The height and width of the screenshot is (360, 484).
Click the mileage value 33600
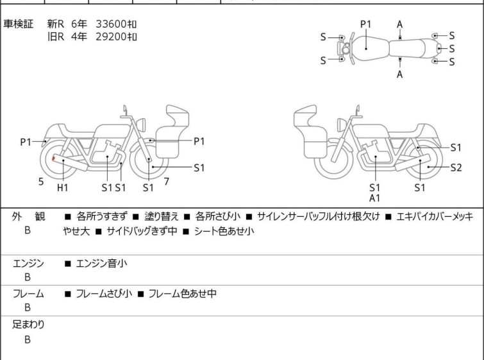[x=112, y=24]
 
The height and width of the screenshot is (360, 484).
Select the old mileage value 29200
[x=112, y=37]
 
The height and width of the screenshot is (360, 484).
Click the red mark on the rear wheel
[x=53, y=158]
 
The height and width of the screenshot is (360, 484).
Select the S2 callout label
[x=456, y=167]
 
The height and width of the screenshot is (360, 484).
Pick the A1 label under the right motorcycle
[x=375, y=198]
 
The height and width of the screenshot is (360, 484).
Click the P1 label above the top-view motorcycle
[x=365, y=24]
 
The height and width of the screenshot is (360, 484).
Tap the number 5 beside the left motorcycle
[x=41, y=182]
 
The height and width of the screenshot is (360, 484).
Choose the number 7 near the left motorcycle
[x=166, y=182]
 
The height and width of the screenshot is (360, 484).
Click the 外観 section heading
[x=29, y=217]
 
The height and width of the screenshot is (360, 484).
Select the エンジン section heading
[x=29, y=263]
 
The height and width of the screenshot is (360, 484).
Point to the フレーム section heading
[x=29, y=294]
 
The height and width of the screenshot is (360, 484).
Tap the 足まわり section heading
[x=29, y=325]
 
